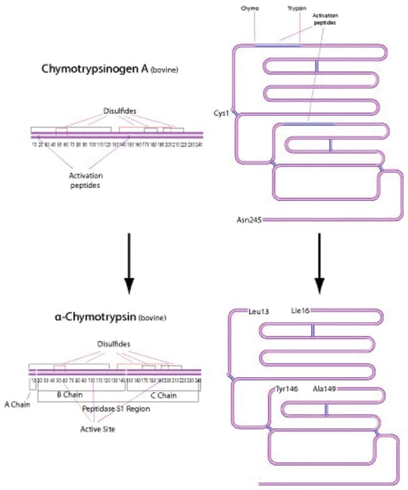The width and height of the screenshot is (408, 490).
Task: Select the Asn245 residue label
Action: tap(245, 220)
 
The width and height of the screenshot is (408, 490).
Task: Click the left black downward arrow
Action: tap(128, 264)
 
